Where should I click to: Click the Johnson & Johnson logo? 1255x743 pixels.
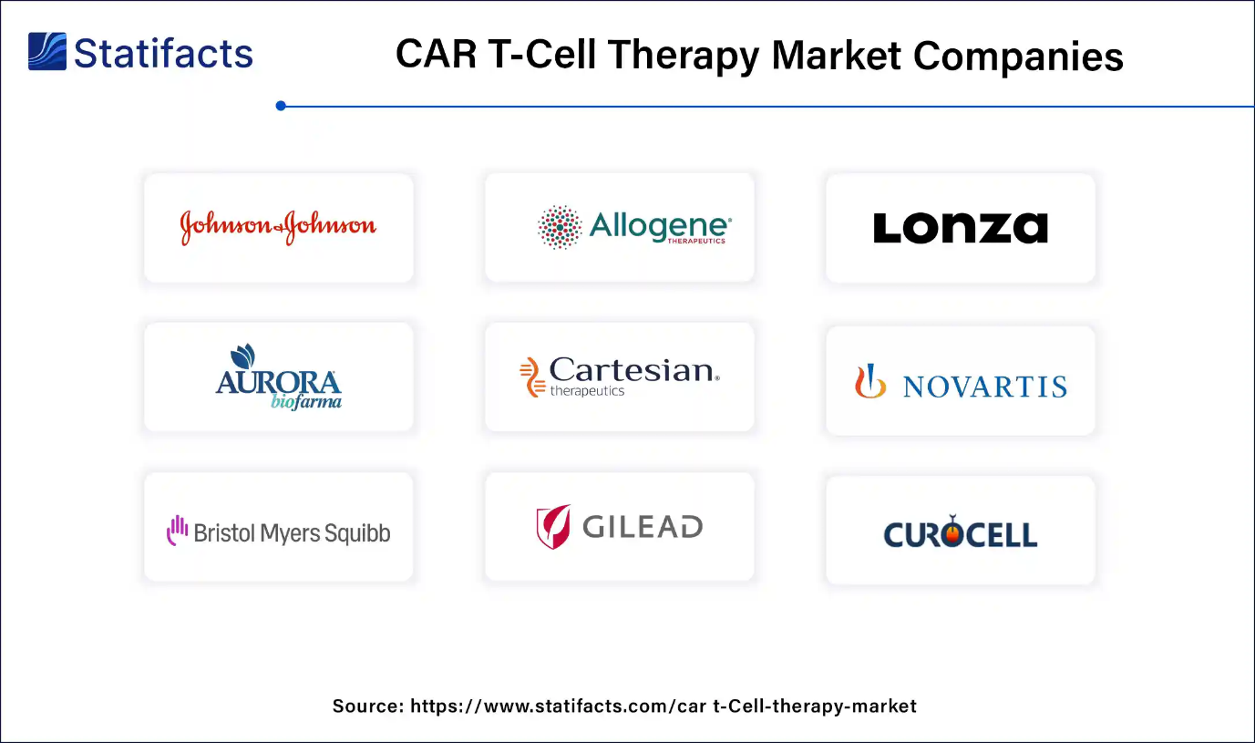point(278,227)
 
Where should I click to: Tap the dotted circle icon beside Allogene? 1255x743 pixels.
point(560,227)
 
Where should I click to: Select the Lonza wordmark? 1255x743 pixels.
point(960,228)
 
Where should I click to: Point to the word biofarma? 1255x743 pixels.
point(306,401)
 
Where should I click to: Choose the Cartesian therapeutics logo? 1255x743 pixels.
point(620,377)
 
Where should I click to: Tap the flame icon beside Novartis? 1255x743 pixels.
point(869,381)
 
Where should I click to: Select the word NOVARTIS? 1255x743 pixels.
point(984,387)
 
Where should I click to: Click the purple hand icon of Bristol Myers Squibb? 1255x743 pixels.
point(176,531)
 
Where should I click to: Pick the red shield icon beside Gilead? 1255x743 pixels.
point(553,526)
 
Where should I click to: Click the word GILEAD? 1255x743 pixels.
point(642,527)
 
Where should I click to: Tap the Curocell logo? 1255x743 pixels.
point(960,531)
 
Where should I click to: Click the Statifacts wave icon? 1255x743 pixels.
point(47,52)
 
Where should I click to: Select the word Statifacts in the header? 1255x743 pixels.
point(163,53)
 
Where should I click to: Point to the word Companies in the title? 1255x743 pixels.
point(1018,56)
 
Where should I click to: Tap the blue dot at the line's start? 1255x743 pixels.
point(281,106)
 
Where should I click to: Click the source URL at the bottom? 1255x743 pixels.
point(664,706)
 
